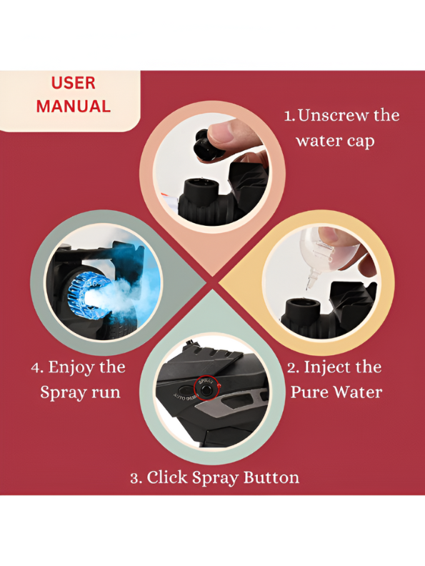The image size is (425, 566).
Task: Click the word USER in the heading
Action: coord(74,83)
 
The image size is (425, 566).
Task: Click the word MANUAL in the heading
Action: coord(74,106)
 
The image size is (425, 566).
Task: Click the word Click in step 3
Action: coord(167,477)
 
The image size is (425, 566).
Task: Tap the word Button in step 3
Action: coord(271,477)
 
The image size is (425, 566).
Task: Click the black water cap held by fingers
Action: coord(206,147)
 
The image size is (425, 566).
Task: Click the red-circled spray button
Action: coord(206,389)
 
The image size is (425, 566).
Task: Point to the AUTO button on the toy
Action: coord(186,391)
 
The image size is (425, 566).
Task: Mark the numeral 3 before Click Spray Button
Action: coord(134,478)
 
